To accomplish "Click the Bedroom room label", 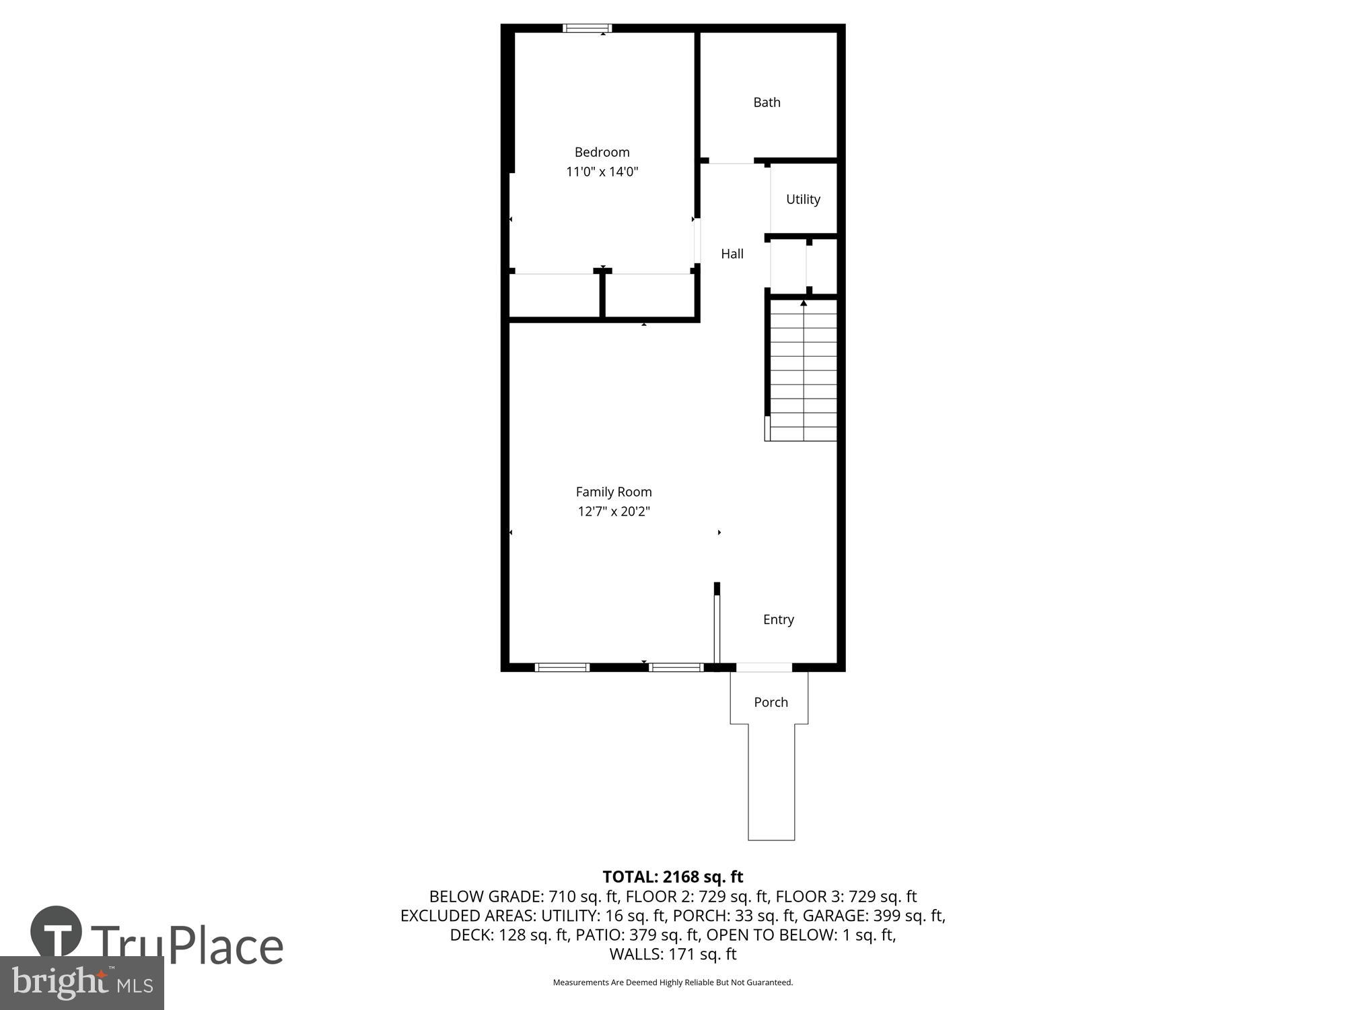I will (602, 152).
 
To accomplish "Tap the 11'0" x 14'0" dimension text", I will (602, 172).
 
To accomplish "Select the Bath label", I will (767, 102).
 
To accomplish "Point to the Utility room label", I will (803, 199).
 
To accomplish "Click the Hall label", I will (732, 254).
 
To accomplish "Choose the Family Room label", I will (613, 492).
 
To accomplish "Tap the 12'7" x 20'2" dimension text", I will (613, 512).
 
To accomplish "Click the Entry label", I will (778, 619).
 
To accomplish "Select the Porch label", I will (771, 702).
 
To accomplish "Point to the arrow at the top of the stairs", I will (803, 304).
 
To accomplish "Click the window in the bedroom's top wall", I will (587, 28).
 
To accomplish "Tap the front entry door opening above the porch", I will (764, 667).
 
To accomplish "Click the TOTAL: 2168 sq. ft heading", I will (672, 877).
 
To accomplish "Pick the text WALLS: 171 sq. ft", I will (672, 954).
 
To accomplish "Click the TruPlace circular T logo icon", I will (57, 933).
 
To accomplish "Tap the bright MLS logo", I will (81, 984).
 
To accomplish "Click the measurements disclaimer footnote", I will (672, 982).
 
